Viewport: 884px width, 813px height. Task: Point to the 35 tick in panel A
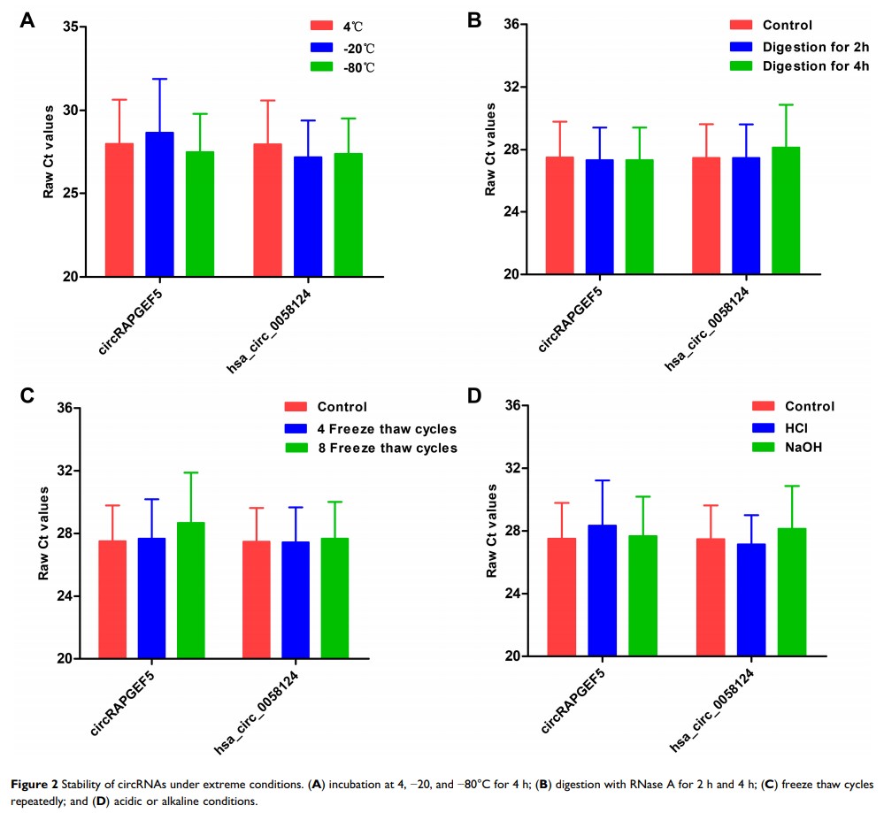(70, 27)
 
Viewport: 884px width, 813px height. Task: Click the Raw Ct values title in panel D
(493, 530)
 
